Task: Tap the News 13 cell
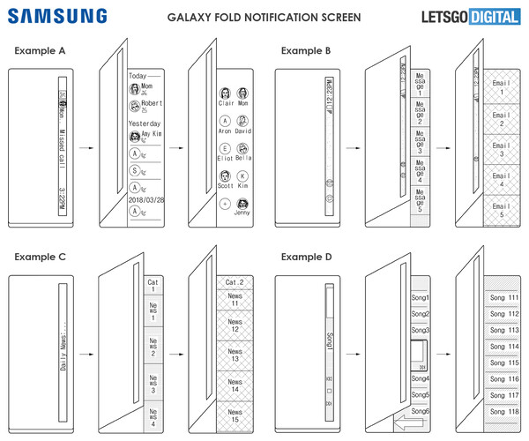click(x=235, y=355)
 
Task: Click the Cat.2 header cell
click(x=235, y=282)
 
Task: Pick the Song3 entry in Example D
click(x=420, y=329)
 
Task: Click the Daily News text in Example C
click(x=63, y=354)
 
